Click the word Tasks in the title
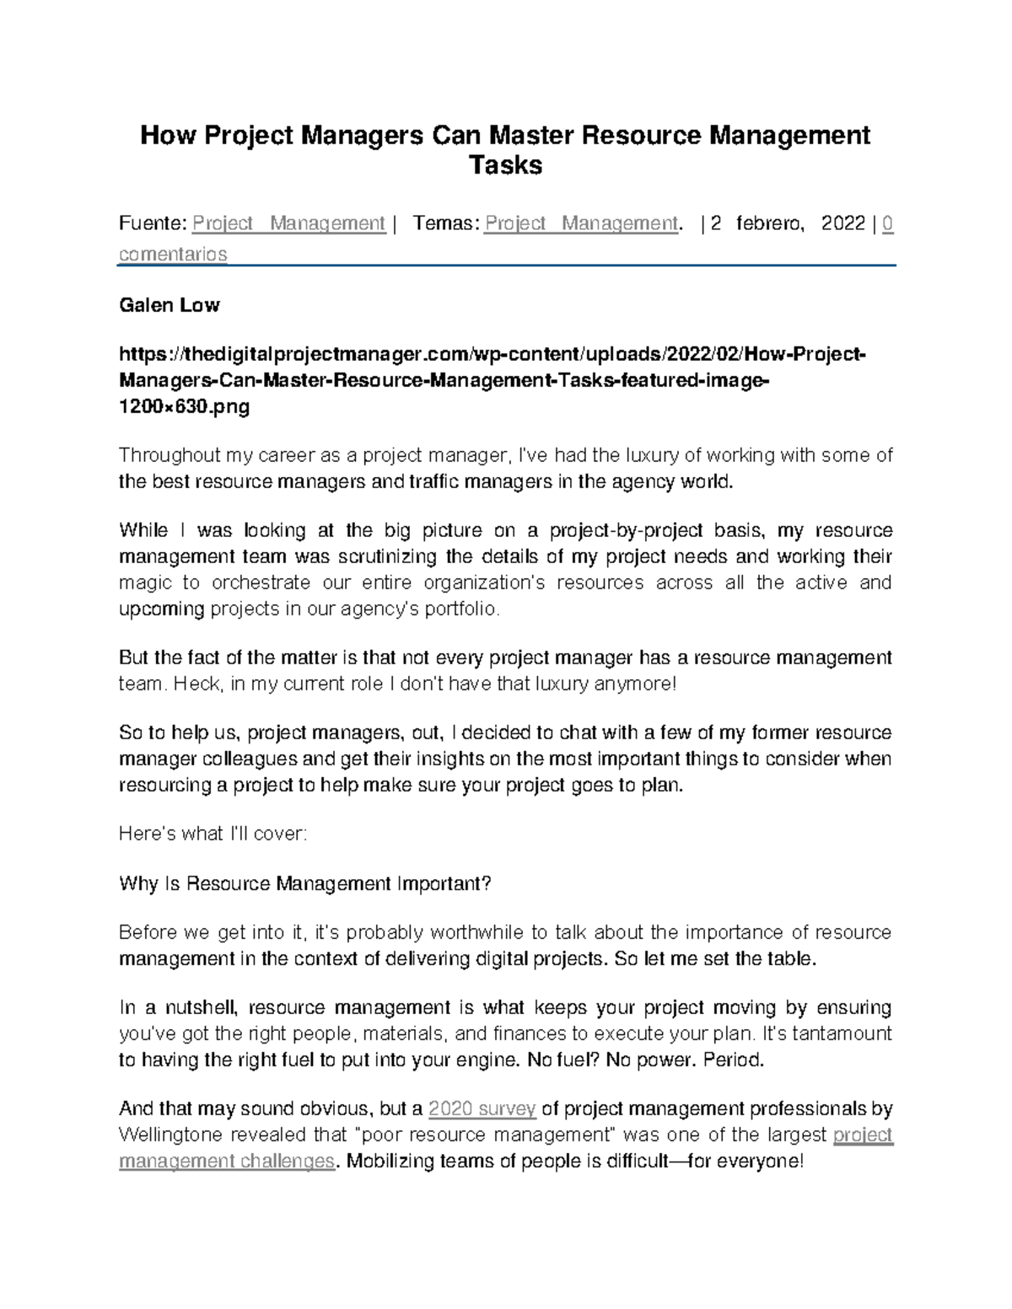pos(505,165)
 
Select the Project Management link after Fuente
pos(288,223)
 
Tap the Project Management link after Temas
pos(581,223)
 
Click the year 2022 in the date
pos(842,223)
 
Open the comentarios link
pos(173,254)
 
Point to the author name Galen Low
pos(169,305)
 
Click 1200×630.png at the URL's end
pos(185,408)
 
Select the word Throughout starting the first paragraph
pos(169,456)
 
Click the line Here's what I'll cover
pos(213,834)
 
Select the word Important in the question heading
pos(441,883)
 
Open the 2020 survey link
pos(482,1108)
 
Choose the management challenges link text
pos(227,1161)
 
